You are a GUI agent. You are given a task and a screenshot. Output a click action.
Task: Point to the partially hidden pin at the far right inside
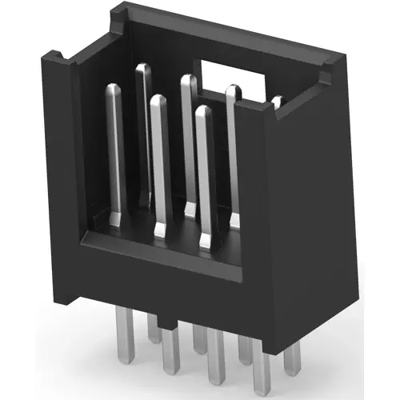pyautogui.click(x=278, y=102)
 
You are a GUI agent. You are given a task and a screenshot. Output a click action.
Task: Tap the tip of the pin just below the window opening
pyautogui.click(x=234, y=90)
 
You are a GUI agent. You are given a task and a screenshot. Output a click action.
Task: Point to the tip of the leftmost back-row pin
pyautogui.click(x=143, y=69)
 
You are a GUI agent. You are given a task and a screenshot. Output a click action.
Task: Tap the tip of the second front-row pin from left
pyautogui.click(x=158, y=101)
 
